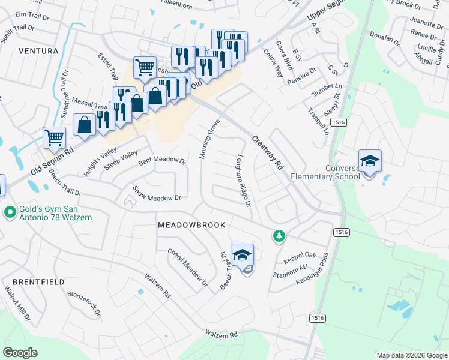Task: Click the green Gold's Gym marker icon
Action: coord(10,212)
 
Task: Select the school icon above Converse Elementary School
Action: coord(369,161)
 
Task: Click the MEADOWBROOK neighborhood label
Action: coord(191,225)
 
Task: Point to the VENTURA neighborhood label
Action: coord(38,51)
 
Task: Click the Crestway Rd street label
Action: coord(267,152)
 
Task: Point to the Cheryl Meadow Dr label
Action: coord(187,266)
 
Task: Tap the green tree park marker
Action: coord(279,236)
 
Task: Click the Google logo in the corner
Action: coord(20,353)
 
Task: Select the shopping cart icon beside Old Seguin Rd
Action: coord(54,137)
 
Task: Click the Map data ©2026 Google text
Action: coord(411,355)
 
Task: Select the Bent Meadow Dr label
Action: coord(162,161)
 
